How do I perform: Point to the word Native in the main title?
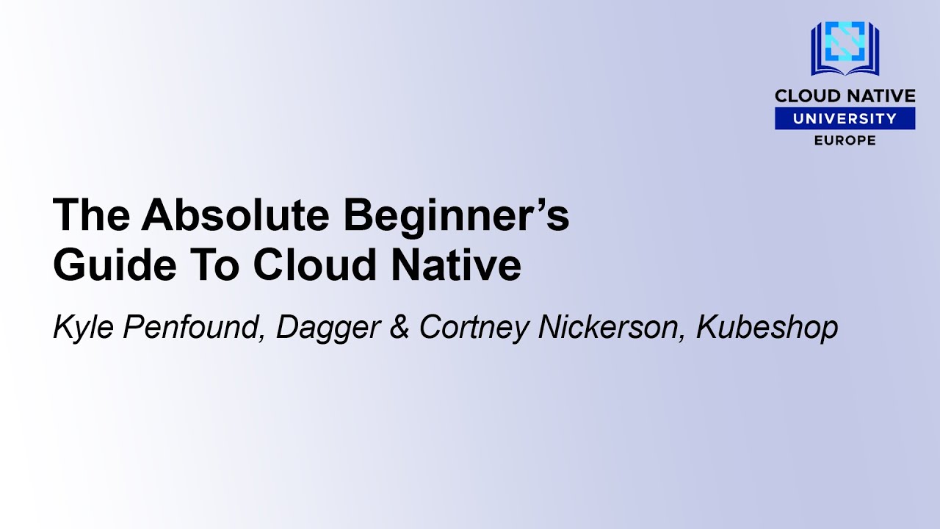455,265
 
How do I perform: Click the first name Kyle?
83,328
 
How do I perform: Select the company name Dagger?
328,328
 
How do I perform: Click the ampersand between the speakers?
399,327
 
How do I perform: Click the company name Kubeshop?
767,328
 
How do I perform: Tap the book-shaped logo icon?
845,48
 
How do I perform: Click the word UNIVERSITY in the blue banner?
845,118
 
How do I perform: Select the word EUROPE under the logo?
845,140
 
